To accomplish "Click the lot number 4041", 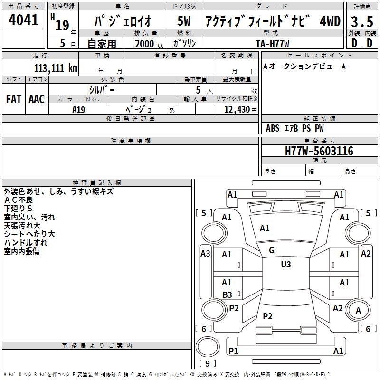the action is [x=23, y=21].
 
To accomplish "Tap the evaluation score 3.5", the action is [x=361, y=22].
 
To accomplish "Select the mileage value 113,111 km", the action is [x=56, y=68].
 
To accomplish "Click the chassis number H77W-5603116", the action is [x=319, y=152].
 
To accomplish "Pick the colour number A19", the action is [x=78, y=109].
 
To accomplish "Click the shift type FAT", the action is [x=13, y=99].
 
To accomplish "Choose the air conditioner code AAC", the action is [x=36, y=99].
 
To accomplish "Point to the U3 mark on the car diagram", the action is [x=285, y=265].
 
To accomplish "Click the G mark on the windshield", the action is [x=271, y=250].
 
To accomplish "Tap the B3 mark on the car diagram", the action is [x=227, y=295].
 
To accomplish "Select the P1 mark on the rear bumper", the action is [x=233, y=351].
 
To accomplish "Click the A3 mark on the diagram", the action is [x=205, y=254].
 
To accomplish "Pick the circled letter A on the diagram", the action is [x=358, y=311].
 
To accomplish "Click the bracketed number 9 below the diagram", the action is [x=208, y=364].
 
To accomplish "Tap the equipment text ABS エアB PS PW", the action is [x=295, y=128].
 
